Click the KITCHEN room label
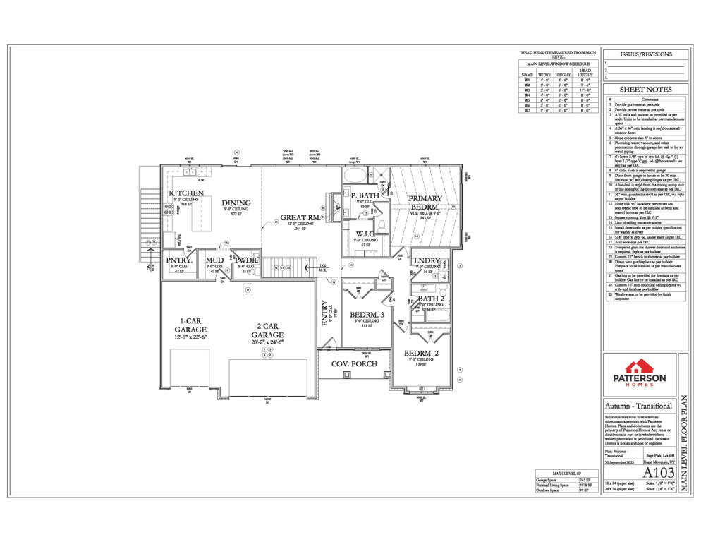click(x=186, y=193)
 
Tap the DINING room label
click(x=236, y=203)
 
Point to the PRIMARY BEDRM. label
click(x=426, y=203)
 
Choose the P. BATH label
click(x=365, y=195)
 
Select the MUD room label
click(x=214, y=260)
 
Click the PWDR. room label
click(x=246, y=260)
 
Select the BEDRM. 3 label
click(x=366, y=314)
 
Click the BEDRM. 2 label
click(x=422, y=353)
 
